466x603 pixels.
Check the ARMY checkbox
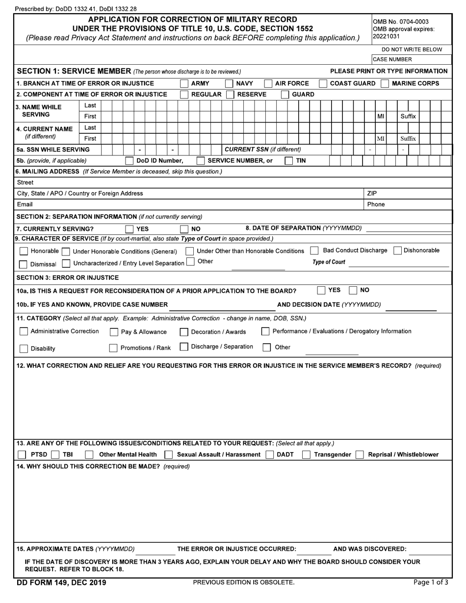click(184, 84)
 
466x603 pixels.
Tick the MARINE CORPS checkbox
click(385, 84)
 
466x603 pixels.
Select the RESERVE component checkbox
click(230, 95)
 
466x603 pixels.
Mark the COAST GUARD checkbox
click(323, 84)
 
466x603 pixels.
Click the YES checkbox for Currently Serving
click(129, 229)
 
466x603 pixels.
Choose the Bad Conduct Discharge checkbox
click(314, 251)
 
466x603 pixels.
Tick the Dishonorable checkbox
click(398, 251)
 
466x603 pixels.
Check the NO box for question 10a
click(353, 290)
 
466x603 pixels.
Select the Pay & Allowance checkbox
click(113, 332)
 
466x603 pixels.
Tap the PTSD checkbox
click(22, 454)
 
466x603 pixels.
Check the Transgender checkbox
click(306, 454)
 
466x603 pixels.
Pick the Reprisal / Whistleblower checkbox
click(360, 454)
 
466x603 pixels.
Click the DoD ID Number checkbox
click(129, 161)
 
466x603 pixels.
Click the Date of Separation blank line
click(408, 228)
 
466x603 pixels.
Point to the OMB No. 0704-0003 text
click(401, 22)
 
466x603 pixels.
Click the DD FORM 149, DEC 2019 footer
click(61, 583)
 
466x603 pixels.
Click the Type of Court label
click(329, 262)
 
